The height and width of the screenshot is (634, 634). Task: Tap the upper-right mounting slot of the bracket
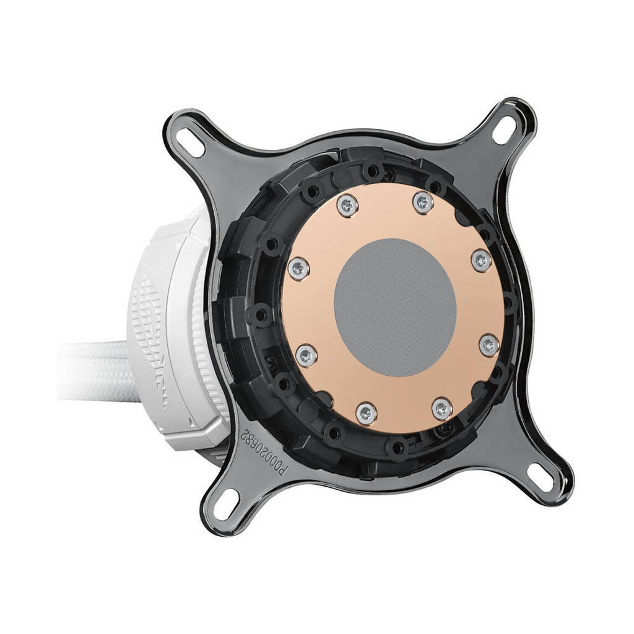pyautogui.click(x=504, y=130)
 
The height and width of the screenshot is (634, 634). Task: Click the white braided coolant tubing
pyautogui.click(x=93, y=371)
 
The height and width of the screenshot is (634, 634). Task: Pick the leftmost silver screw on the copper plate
pyautogui.click(x=298, y=267)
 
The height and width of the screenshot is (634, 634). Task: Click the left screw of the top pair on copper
pyautogui.click(x=347, y=206)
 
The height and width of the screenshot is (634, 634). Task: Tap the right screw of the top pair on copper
pyautogui.click(x=423, y=202)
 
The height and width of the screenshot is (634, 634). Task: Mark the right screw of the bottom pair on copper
pyautogui.click(x=441, y=409)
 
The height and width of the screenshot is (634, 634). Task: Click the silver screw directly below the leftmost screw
pyautogui.click(x=306, y=355)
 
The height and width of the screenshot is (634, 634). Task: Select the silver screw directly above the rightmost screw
pyautogui.click(x=481, y=260)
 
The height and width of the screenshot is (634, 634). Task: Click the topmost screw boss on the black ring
pyautogui.click(x=373, y=169)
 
